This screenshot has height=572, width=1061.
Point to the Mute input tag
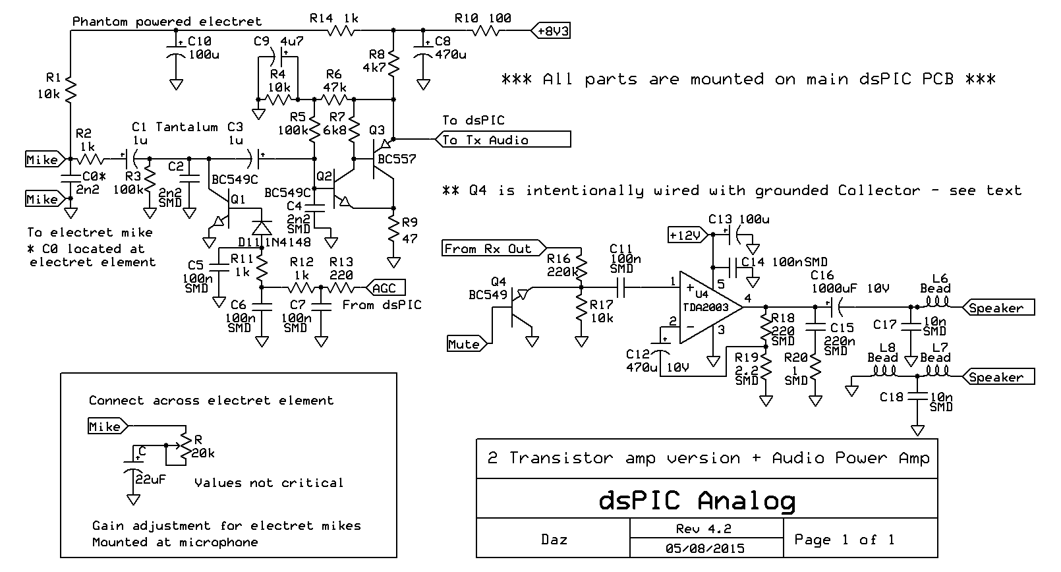tap(466, 344)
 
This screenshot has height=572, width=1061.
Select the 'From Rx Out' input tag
tap(491, 248)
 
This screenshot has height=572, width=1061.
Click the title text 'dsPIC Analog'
tap(697, 501)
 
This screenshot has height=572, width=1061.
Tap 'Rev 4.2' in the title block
tap(704, 529)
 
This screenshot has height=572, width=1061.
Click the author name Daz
tap(554, 539)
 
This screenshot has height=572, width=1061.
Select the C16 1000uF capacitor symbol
tap(836, 306)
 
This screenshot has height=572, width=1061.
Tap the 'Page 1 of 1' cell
tap(845, 540)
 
